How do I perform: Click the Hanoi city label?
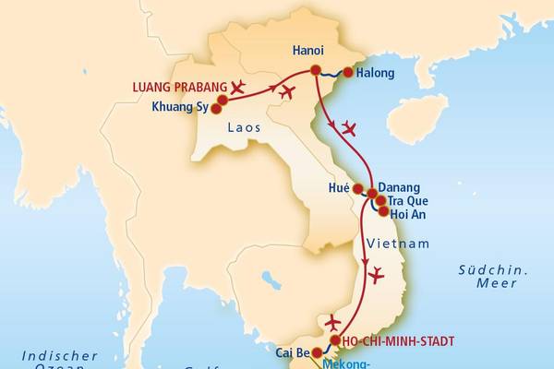pyautogui.click(x=307, y=52)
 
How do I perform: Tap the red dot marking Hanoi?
pyautogui.click(x=316, y=70)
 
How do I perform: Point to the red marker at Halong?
pyautogui.click(x=348, y=73)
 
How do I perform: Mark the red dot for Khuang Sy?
pyautogui.click(x=216, y=108)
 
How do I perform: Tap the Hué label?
pyautogui.click(x=340, y=187)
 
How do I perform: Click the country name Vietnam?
pyautogui.click(x=398, y=244)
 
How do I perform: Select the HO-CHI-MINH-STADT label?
pyautogui.click(x=397, y=341)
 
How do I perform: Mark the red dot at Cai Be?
pyautogui.click(x=317, y=352)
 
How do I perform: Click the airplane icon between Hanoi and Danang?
pyautogui.click(x=349, y=127)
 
